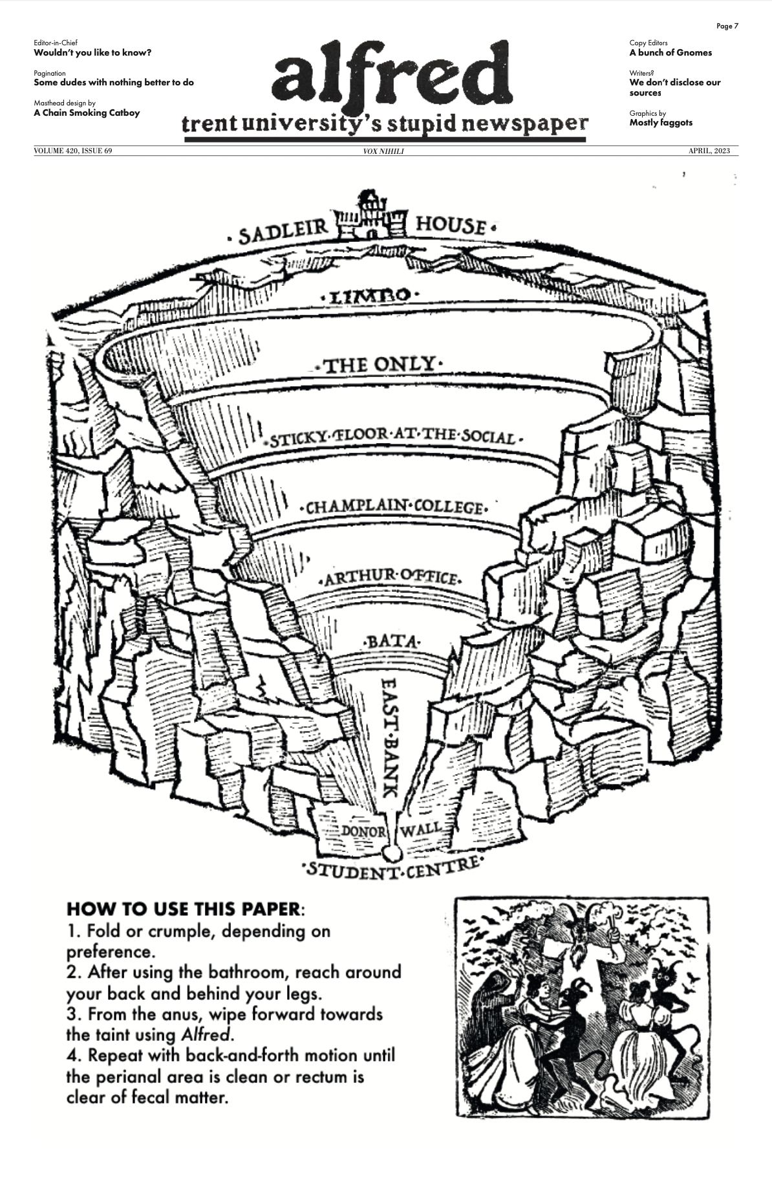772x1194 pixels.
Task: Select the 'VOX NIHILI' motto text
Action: click(x=383, y=151)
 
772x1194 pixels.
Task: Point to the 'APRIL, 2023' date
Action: click(x=709, y=151)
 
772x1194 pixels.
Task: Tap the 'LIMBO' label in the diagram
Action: click(x=370, y=296)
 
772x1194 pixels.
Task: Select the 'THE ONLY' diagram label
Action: click(x=378, y=365)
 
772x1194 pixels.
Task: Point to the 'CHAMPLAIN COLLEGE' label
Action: click(x=394, y=506)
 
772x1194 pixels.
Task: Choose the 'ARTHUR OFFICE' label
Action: click(x=391, y=576)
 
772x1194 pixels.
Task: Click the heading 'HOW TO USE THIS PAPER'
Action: click(x=184, y=909)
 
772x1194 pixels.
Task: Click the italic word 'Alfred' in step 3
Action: click(x=206, y=1034)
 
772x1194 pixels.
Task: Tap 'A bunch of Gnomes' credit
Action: click(x=670, y=53)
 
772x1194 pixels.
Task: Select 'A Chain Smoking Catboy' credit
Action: click(x=87, y=113)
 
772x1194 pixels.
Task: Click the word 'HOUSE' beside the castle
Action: click(x=451, y=225)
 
